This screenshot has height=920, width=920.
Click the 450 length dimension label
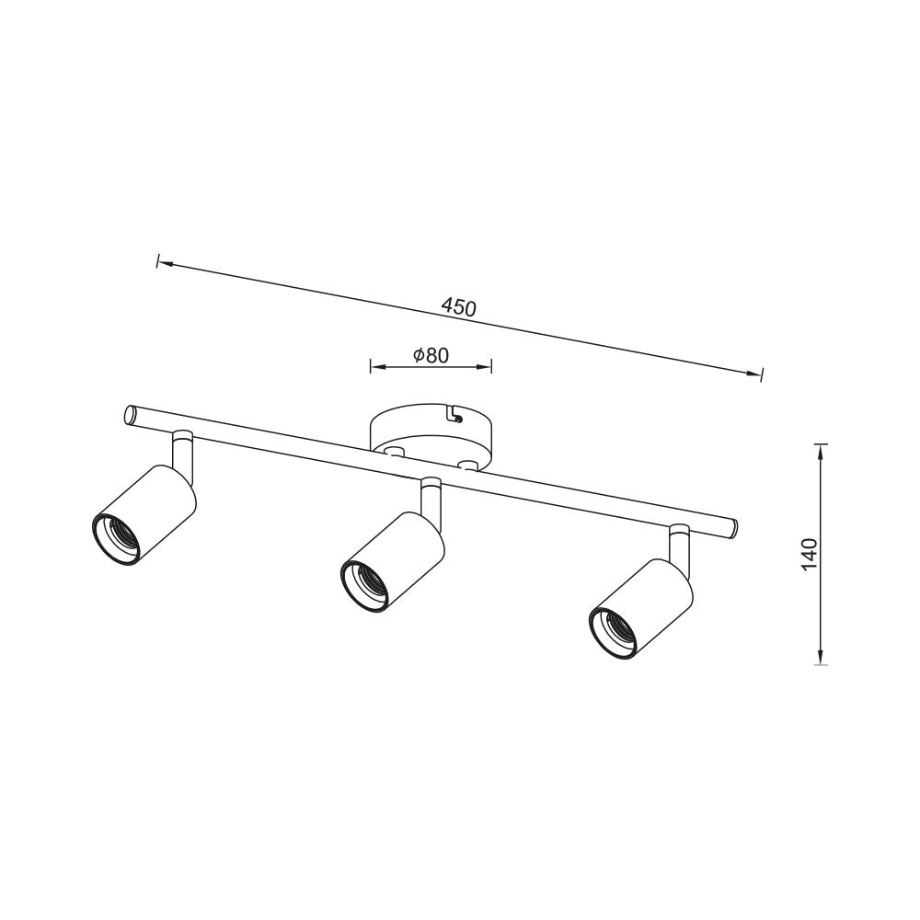[459, 307]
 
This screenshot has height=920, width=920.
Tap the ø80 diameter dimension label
[431, 355]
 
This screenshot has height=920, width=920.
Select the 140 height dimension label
[809, 554]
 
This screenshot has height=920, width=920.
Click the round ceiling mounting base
[431, 433]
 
